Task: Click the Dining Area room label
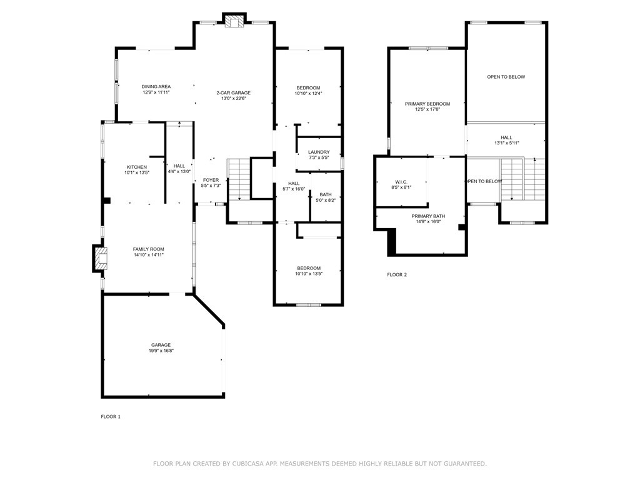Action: click(x=156, y=87)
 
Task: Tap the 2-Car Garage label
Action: click(x=233, y=92)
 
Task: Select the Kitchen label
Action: click(x=137, y=167)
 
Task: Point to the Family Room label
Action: click(x=148, y=249)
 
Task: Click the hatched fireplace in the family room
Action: click(x=100, y=258)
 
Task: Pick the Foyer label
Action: click(x=211, y=180)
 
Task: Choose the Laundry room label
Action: click(x=319, y=152)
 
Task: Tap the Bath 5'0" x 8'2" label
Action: click(x=326, y=194)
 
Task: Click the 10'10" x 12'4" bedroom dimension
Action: click(x=307, y=94)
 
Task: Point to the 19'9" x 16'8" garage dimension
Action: click(x=161, y=351)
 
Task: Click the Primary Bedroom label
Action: click(x=427, y=104)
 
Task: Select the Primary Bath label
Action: click(x=428, y=216)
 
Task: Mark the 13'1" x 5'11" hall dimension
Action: click(x=506, y=143)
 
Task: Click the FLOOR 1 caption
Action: click(x=111, y=417)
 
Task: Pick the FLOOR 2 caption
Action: click(x=397, y=274)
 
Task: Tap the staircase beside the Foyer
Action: click(x=238, y=180)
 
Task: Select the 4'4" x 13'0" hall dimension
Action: click(x=179, y=171)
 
